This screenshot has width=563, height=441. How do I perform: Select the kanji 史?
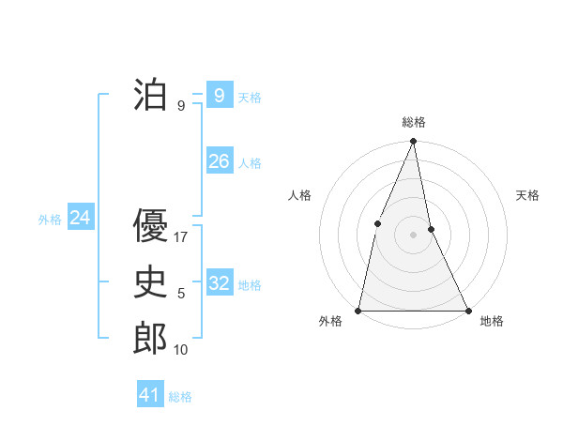[151, 282]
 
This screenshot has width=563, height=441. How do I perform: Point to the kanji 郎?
[151, 338]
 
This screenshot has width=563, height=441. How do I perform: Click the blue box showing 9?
[219, 95]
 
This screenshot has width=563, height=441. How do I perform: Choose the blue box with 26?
[219, 161]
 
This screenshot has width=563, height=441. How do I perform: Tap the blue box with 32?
[219, 282]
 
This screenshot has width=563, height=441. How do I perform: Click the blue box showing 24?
[80, 218]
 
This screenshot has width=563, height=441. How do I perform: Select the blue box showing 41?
[150, 395]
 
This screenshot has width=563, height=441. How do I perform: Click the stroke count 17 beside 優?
[182, 237]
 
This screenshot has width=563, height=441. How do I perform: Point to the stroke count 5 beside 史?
[181, 294]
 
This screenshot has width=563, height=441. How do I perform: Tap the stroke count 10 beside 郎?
[181, 349]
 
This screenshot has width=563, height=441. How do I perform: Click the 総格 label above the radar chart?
[414, 122]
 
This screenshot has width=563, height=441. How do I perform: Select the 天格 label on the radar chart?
[527, 195]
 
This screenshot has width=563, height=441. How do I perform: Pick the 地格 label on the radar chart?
[492, 321]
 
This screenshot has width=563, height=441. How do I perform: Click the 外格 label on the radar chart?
[330, 321]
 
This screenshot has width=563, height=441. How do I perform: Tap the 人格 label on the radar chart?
[299, 195]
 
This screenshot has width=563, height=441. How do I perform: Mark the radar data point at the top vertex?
[414, 142]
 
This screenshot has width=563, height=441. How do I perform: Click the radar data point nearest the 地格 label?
[467, 310]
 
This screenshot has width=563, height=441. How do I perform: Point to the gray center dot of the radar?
[414, 235]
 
